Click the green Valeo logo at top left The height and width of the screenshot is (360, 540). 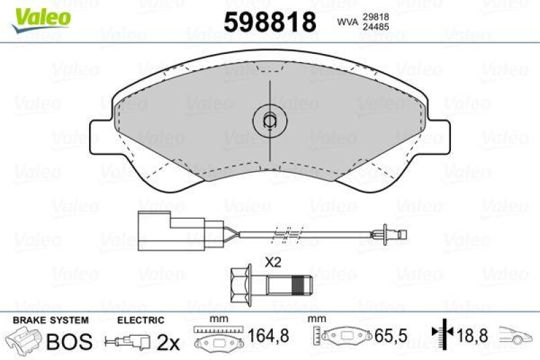[x=38, y=15]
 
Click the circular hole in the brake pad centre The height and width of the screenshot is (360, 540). [x=269, y=122]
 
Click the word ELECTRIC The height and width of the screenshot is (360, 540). [x=141, y=320]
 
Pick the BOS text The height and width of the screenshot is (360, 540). [x=68, y=341]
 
